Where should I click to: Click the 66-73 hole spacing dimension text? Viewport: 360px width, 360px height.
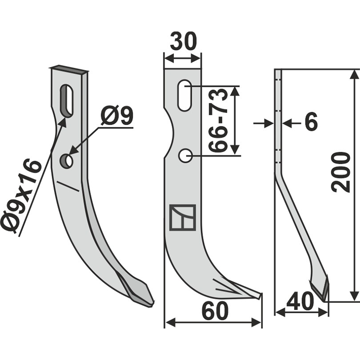pos(219,121)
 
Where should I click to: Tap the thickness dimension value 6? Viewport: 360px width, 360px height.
pos(310,122)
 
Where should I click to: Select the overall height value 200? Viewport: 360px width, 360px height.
pos(342,172)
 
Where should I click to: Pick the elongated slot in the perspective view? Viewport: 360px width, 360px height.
pos(67,101)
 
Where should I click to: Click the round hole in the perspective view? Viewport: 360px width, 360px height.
pos(67,161)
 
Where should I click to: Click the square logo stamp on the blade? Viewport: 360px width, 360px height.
pos(183,217)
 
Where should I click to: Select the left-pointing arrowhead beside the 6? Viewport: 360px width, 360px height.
pos(288,122)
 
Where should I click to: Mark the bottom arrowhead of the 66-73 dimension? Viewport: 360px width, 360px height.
pos(235,151)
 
